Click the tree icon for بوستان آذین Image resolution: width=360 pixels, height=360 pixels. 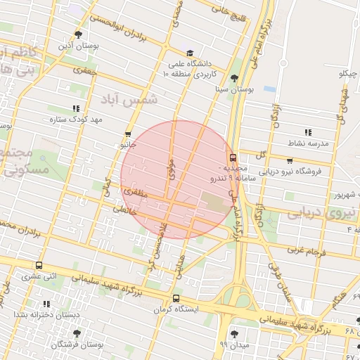pos(78,34)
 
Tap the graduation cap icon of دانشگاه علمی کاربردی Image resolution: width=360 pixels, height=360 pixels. pos(190,53)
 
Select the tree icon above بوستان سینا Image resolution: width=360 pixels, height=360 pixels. pos(234,79)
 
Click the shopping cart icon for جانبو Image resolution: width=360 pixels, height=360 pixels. pos(128,134)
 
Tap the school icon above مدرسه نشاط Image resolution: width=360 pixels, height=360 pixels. pos(307,132)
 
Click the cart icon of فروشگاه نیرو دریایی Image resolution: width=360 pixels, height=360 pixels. pos(290,160)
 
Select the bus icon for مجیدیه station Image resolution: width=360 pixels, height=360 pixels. pos(233,158)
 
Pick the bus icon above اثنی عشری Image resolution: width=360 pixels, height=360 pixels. pos(39,266)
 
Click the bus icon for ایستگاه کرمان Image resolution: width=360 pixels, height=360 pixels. pos(176,298)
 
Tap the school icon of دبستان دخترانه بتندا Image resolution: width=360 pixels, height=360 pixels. pos(46,304)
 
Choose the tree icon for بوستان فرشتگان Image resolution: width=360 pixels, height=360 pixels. pos(77,333)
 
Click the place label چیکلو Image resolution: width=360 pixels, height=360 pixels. pos(349,74)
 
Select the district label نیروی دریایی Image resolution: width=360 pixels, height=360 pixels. pos(316,212)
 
